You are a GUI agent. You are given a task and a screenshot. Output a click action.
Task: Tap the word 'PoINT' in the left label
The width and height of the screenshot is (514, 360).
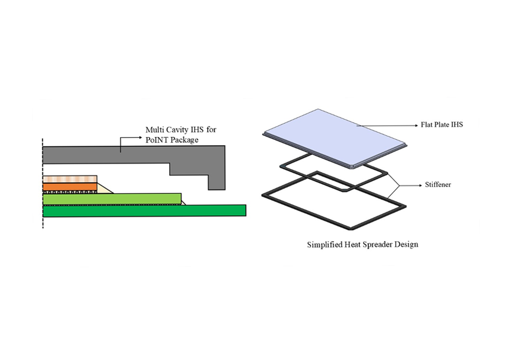point(158,140)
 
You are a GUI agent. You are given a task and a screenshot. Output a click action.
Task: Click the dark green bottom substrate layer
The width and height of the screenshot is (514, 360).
point(145,211)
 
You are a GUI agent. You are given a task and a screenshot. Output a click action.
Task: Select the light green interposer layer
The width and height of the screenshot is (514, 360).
point(112,199)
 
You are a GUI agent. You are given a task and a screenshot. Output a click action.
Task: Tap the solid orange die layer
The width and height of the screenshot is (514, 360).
point(70,186)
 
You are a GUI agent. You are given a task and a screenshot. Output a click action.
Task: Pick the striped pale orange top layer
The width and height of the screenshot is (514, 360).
point(70,178)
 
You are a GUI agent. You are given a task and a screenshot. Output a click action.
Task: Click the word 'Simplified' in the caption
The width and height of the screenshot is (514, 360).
point(324,244)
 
